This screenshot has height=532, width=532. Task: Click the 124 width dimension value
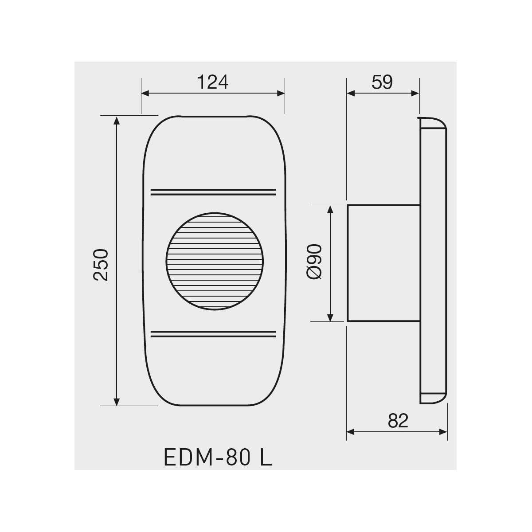tap(212, 82)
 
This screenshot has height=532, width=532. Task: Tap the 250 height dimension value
tap(101, 264)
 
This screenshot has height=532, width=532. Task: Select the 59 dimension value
tap(382, 82)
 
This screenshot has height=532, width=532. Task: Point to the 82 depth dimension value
tap(398, 421)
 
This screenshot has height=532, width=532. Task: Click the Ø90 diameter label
tap(314, 262)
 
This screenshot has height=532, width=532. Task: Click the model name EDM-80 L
tap(218, 458)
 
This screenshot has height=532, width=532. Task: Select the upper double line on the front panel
tap(213, 192)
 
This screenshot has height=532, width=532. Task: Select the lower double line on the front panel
tap(213, 333)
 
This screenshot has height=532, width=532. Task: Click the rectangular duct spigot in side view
tap(383, 262)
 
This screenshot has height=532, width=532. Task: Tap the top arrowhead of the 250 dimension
tap(117, 120)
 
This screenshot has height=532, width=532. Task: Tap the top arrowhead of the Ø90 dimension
tap(330, 209)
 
